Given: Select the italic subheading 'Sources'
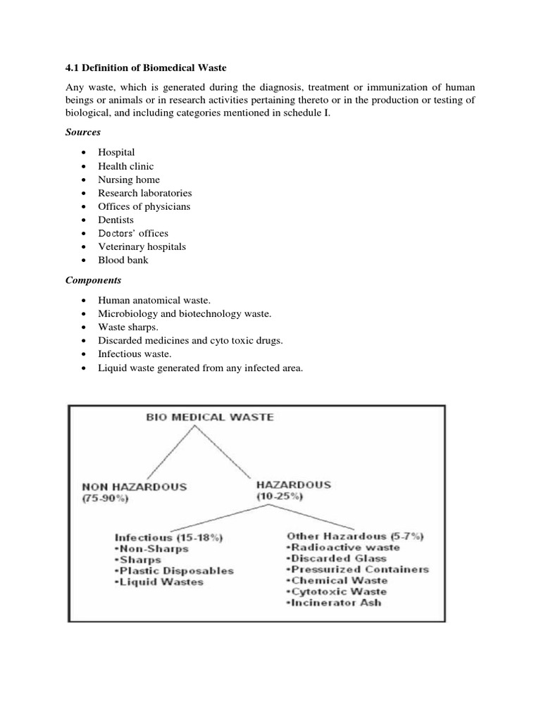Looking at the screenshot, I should pyautogui.click(x=83, y=132).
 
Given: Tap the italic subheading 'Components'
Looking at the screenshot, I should pyautogui.click(x=93, y=280).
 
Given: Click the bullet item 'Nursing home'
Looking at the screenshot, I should pyautogui.click(x=130, y=180).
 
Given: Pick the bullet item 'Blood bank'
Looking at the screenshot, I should pyautogui.click(x=123, y=260).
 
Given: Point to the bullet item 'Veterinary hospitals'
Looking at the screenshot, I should pyautogui.click(x=142, y=246).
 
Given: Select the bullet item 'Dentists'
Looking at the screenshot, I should pyautogui.click(x=116, y=220).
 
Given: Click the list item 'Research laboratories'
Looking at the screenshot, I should pyautogui.click(x=144, y=193).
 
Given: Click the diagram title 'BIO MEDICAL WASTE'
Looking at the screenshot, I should pyautogui.click(x=209, y=417).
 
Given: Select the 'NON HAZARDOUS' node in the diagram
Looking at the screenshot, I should pyautogui.click(x=135, y=486).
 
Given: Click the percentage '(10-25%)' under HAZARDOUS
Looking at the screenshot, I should pyautogui.click(x=280, y=496).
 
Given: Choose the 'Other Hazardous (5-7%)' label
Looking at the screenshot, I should pyautogui.click(x=345, y=535).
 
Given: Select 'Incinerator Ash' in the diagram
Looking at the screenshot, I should pyautogui.click(x=337, y=603).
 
